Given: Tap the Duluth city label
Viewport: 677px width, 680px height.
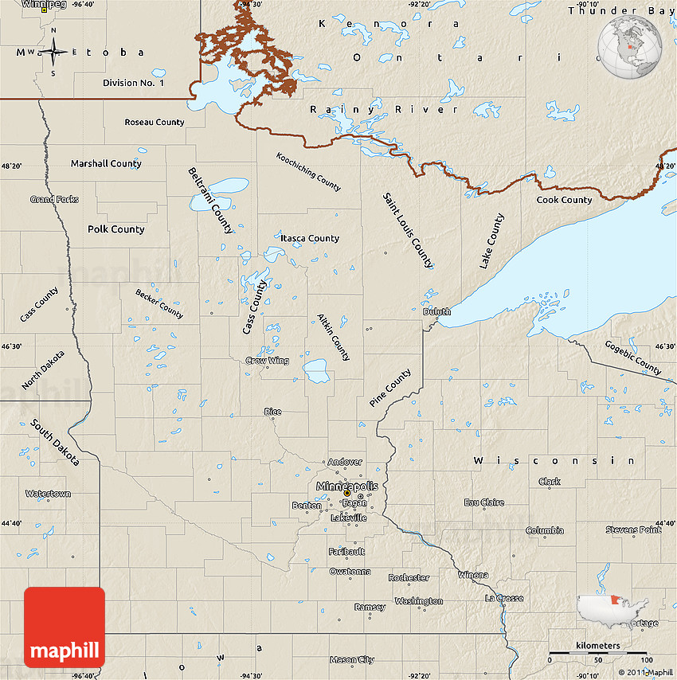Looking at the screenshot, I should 436,312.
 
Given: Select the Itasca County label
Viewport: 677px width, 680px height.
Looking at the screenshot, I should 309,238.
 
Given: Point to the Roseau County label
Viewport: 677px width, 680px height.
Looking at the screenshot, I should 154,122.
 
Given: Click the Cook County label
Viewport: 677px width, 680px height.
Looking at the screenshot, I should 564,200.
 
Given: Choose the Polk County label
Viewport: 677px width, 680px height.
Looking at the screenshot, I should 116,229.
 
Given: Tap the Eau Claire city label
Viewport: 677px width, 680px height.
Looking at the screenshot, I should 483,502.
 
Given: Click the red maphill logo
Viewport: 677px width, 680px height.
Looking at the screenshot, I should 65,627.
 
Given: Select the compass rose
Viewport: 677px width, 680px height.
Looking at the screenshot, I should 53,53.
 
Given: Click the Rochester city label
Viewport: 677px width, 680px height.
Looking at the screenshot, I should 409,577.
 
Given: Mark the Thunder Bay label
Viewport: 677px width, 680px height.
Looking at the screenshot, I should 620,10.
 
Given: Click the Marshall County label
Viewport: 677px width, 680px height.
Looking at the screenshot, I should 106,163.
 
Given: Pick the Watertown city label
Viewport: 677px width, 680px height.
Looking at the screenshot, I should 48,494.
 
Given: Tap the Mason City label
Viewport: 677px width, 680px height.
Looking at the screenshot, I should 351,659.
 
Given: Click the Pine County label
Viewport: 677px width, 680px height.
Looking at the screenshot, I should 390,388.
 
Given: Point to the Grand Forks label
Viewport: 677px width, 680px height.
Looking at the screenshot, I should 54,199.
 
